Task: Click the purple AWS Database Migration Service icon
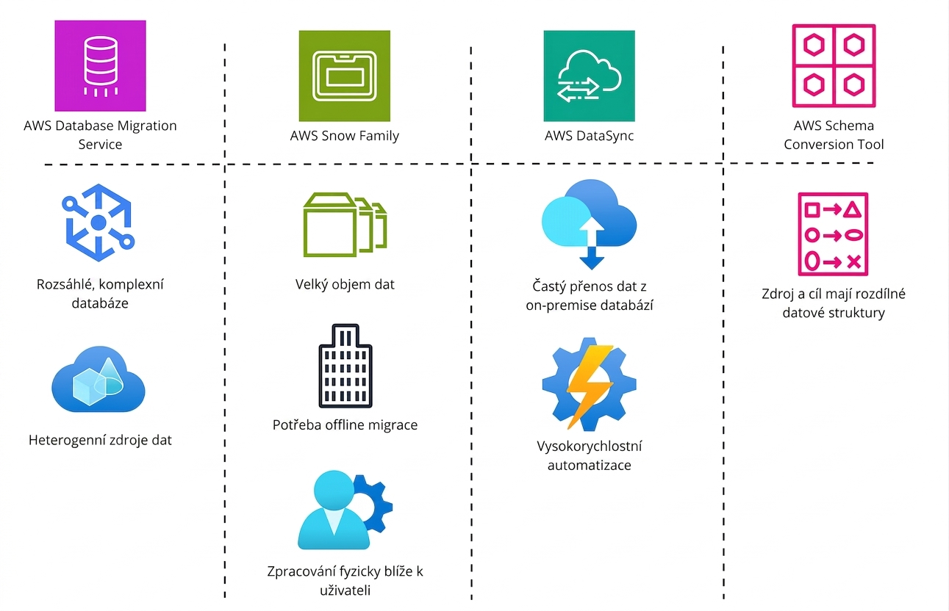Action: (101, 65)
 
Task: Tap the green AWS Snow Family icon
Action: (345, 76)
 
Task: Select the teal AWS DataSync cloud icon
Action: (590, 76)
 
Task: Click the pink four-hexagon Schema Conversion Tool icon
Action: (834, 65)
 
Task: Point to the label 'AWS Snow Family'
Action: (345, 136)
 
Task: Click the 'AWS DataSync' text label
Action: (590, 136)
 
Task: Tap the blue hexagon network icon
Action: (99, 223)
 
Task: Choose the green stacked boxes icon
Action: (345, 225)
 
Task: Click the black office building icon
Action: (345, 366)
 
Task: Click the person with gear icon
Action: (345, 510)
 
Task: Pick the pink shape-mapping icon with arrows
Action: (833, 234)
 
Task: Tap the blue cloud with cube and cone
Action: (99, 380)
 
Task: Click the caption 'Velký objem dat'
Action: (345, 284)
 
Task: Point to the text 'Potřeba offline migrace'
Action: (345, 424)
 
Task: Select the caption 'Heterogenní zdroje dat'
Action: (100, 440)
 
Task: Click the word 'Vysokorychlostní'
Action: (590, 446)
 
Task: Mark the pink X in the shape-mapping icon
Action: (854, 262)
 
